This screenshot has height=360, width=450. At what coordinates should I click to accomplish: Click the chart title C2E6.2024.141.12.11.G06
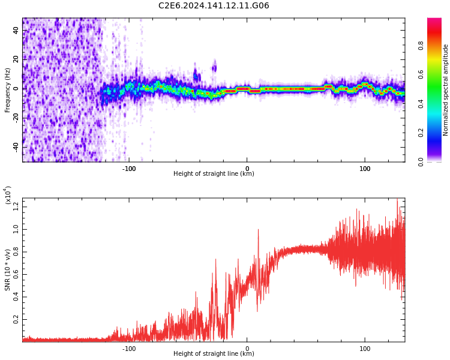coord(214,6)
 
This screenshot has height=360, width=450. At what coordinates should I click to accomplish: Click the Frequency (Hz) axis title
coord(8,90)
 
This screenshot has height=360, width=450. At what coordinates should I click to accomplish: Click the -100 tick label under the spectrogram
coord(128,168)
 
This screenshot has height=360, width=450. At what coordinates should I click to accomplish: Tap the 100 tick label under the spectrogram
coord(365,168)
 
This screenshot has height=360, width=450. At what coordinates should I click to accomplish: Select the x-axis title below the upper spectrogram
coord(214,174)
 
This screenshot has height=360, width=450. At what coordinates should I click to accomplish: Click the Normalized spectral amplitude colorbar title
coord(446,90)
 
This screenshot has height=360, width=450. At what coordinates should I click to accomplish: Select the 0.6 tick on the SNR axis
coord(16,275)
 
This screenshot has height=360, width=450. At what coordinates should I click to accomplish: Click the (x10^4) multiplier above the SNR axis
coord(8,196)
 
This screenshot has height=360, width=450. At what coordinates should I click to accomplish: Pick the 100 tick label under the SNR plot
coord(365,348)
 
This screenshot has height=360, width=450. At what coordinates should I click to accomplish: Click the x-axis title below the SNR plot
coord(214,354)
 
